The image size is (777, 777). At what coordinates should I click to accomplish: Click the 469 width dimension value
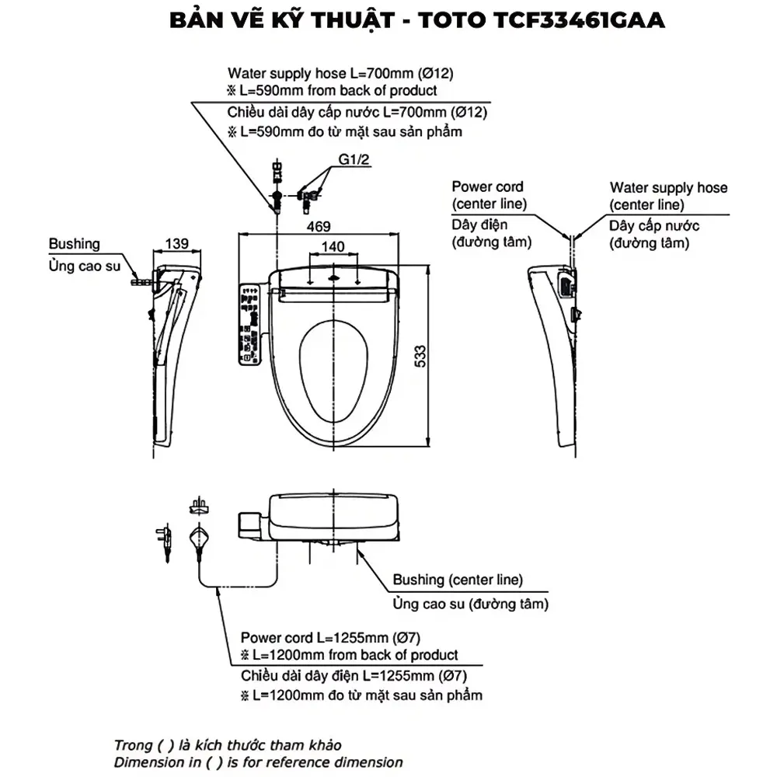[319, 226]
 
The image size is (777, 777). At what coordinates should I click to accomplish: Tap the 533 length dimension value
[420, 357]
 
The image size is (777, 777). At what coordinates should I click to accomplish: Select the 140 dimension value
[333, 247]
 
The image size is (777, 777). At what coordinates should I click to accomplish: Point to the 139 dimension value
[177, 244]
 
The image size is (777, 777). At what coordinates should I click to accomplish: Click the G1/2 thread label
[354, 159]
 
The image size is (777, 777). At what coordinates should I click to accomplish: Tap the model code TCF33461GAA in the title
[579, 20]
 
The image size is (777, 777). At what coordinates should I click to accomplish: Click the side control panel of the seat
[249, 325]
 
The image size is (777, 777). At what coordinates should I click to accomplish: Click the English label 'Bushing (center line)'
[458, 580]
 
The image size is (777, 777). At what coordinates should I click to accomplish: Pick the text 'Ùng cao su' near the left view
[84, 266]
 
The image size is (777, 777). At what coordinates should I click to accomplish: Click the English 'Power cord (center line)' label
[489, 195]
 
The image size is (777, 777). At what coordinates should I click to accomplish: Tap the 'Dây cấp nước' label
[654, 226]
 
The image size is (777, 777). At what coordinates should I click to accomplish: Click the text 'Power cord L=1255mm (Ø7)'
[330, 637]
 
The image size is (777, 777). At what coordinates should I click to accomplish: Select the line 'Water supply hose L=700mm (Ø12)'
[340, 73]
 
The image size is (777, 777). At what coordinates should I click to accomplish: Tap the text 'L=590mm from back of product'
[338, 91]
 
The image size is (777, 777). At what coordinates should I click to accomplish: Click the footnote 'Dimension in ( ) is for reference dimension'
[258, 762]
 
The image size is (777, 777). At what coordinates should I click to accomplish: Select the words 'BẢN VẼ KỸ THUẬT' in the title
[282, 20]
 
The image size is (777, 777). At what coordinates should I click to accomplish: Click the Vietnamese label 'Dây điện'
[479, 225]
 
